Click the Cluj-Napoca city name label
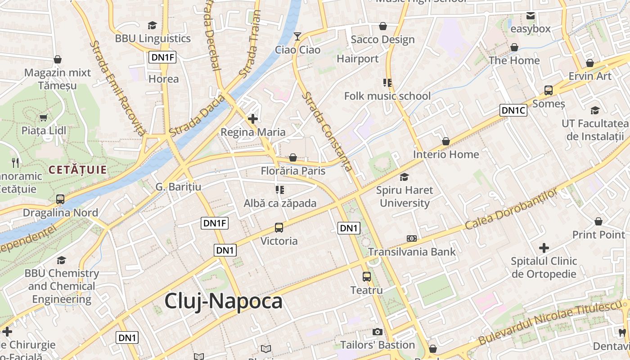point(223,301)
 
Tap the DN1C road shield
point(513,110)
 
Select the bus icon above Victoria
point(279,228)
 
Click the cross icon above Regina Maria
point(253,119)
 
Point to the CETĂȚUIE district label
point(77,170)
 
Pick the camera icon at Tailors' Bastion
point(378,332)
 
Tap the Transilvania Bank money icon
point(411,238)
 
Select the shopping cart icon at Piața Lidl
point(44,118)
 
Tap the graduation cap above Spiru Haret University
point(404,177)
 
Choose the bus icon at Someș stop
point(548,90)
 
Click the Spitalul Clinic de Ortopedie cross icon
point(544,247)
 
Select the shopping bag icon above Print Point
point(598,221)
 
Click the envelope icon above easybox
point(531,16)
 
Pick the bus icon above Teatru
point(367,277)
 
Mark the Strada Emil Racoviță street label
point(118,88)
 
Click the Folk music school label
point(387,96)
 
